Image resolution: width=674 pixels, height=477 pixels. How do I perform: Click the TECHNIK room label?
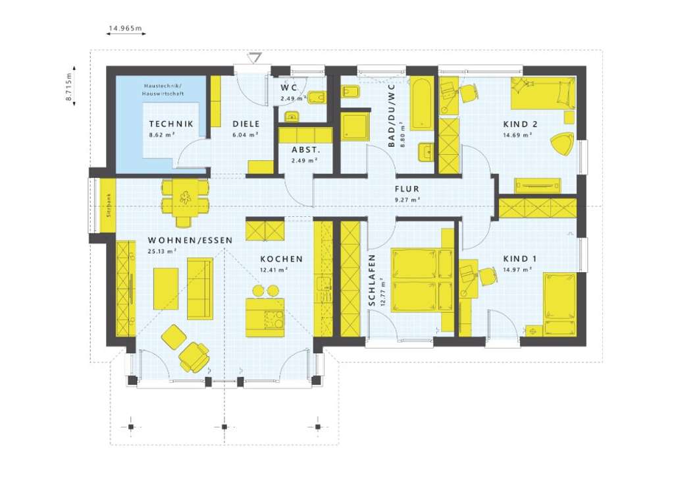[170, 124]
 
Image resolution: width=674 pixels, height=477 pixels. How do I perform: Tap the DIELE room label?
[246, 124]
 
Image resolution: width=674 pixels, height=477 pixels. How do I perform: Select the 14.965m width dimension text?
[126, 29]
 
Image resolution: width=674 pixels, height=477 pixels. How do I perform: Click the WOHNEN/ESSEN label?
[190, 240]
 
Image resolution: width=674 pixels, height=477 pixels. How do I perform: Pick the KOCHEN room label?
[281, 259]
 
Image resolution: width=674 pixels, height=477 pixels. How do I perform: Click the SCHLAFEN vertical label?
[372, 281]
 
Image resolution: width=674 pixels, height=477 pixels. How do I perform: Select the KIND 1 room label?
[519, 259]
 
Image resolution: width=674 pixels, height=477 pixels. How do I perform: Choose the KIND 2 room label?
[521, 124]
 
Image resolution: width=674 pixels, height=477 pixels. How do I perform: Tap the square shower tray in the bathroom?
[355, 126]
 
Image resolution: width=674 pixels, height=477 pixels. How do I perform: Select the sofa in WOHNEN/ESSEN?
[200, 287]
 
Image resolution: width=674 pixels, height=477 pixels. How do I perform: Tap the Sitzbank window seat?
[107, 205]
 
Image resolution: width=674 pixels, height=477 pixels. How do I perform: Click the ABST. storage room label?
[305, 149]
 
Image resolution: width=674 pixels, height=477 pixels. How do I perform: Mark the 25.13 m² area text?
[163, 251]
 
